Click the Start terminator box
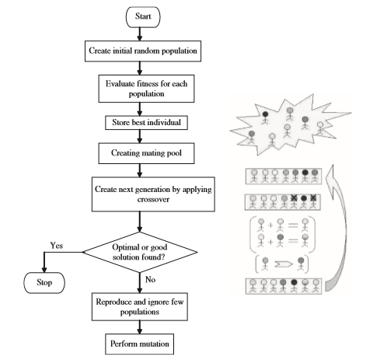[x=143, y=17]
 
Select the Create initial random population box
[x=143, y=51]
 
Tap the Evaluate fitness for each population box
[x=146, y=89]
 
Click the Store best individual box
[x=146, y=123]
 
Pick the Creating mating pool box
[x=146, y=153]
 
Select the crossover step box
[x=153, y=194]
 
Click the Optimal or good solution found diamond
[x=140, y=252]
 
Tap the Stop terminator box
[x=44, y=283]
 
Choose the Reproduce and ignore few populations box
[x=140, y=307]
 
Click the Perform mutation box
[x=140, y=344]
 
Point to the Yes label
[x=57, y=246]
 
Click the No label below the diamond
[x=150, y=279]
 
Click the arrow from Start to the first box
[x=140, y=34]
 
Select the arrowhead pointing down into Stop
[x=44, y=269]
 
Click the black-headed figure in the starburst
[x=265, y=117]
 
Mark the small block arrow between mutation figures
[x=284, y=264]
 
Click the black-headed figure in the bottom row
[x=294, y=285]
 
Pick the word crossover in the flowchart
[x=153, y=200]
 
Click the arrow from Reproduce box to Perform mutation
[x=140, y=327]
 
